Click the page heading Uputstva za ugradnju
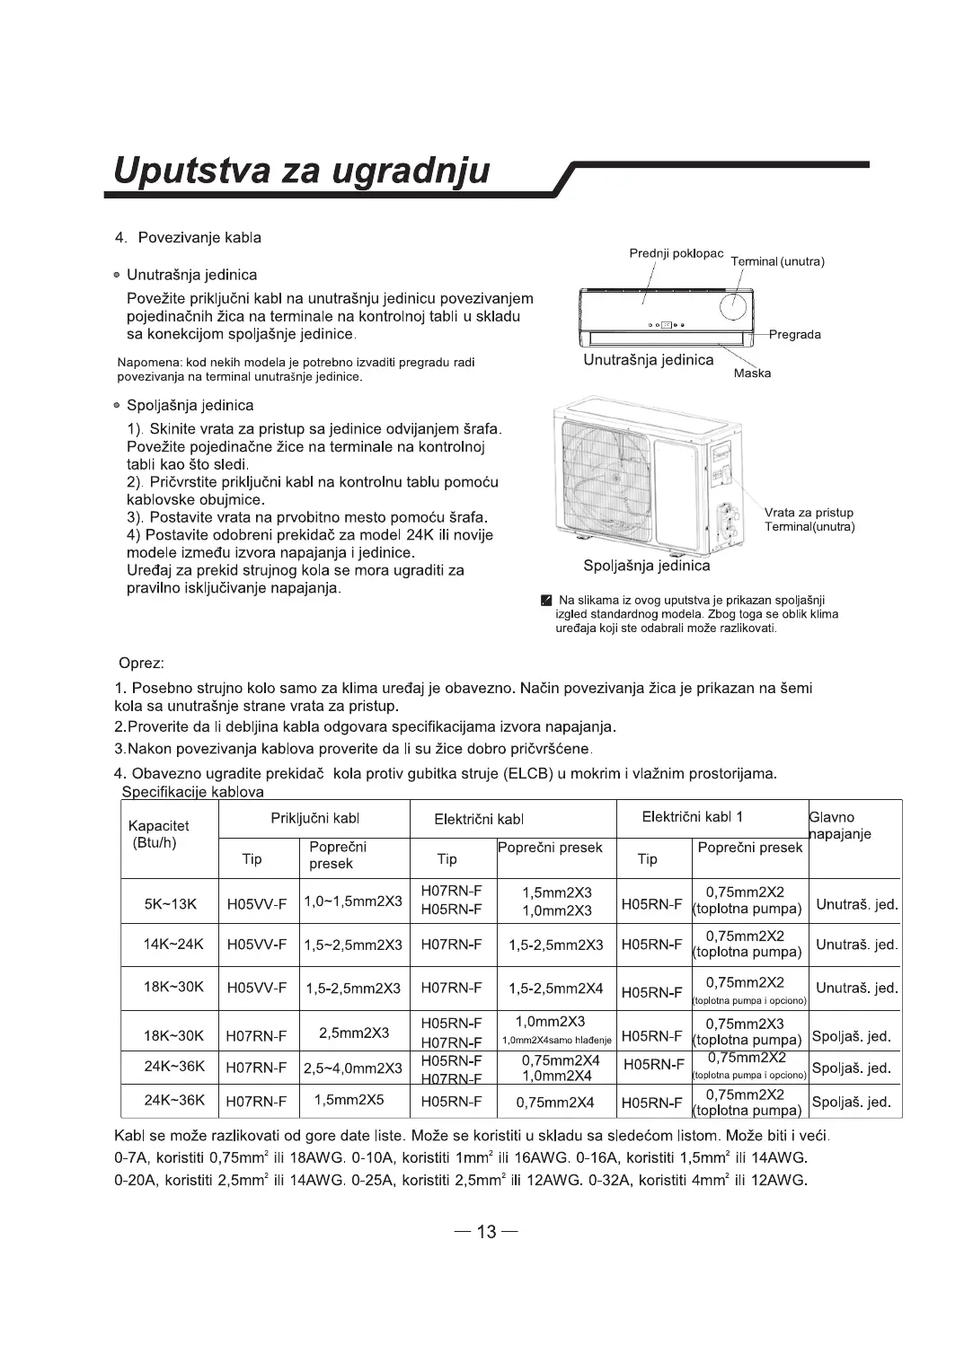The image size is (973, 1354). [297, 170]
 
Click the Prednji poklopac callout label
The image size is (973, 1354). [676, 253]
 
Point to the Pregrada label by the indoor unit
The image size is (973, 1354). [794, 335]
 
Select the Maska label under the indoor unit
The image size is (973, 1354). [752, 374]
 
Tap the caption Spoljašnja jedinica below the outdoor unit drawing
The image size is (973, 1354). [646, 566]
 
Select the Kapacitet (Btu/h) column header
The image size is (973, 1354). [159, 834]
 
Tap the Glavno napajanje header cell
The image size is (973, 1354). [841, 826]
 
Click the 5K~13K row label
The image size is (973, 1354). [170, 903]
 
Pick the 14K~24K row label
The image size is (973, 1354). [173, 945]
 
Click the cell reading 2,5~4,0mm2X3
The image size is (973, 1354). [352, 1068]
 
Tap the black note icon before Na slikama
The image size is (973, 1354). [547, 601]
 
